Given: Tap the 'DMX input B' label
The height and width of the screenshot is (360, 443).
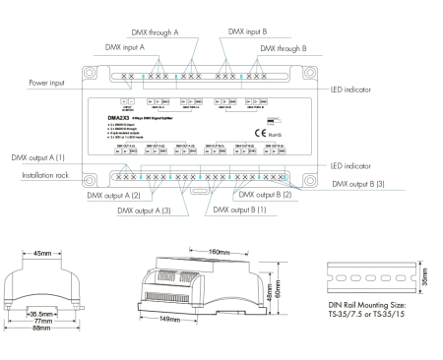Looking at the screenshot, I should tap(251, 31).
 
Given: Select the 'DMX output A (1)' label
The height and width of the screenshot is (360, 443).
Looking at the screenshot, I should tap(37, 156).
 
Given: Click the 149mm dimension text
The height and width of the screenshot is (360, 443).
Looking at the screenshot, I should tap(171, 319).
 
